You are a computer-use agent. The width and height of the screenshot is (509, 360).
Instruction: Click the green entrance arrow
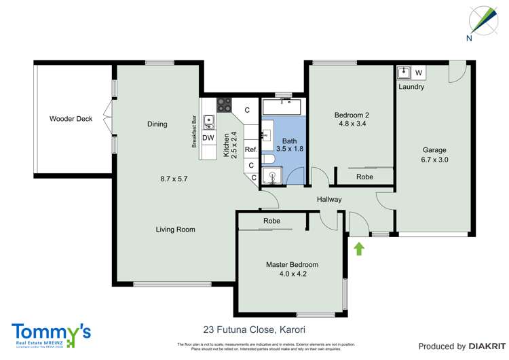click(x=359, y=249)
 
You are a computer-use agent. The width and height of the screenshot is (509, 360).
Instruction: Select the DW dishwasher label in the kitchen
click(x=208, y=138)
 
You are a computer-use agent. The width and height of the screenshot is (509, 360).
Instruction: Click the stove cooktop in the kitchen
click(x=223, y=105)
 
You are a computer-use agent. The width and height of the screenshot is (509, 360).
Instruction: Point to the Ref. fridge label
click(x=250, y=149)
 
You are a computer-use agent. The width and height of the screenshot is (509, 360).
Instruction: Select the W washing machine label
click(x=418, y=73)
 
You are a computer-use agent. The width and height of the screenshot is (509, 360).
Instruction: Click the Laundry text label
click(x=411, y=87)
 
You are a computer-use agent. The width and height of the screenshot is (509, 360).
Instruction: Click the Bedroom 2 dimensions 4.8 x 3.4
click(x=352, y=124)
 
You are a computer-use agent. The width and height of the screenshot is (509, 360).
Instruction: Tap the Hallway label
click(x=329, y=199)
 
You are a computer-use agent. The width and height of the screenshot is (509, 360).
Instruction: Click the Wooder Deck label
click(x=71, y=119)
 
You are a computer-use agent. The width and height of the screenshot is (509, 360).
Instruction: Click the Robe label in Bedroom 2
click(x=364, y=177)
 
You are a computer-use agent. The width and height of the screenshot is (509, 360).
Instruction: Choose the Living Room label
click(x=175, y=230)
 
